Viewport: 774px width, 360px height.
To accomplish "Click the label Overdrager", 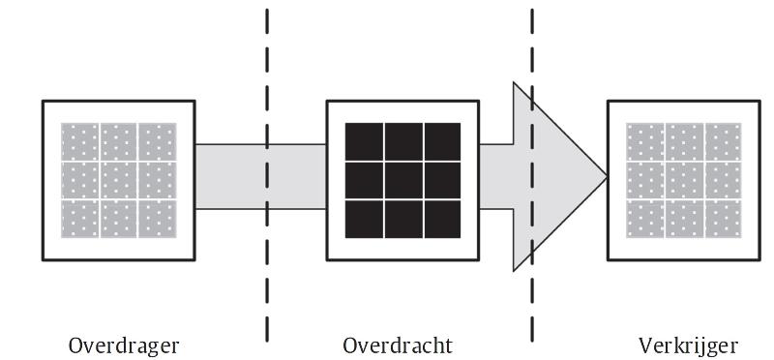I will (124, 345).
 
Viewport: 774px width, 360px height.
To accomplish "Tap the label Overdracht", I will (398, 345).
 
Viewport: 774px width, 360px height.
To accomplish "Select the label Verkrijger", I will (688, 345).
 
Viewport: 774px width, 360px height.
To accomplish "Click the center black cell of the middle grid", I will (402, 180).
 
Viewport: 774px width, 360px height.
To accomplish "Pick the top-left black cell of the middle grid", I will (364, 142).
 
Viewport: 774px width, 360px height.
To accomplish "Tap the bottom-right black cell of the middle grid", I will (442, 219).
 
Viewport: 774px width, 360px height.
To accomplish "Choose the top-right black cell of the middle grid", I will (442, 142).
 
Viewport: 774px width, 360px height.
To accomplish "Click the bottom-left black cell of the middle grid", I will (364, 219).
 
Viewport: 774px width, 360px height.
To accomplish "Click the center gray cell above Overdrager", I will (119, 180).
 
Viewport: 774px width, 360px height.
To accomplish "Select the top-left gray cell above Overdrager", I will (80, 142).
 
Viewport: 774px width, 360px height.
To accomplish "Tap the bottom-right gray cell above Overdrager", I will (158, 219).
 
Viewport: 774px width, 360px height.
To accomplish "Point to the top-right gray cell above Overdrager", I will (158, 142).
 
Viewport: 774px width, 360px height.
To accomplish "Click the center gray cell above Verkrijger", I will (684, 180).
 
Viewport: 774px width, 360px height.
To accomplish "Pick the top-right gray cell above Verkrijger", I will (723, 142).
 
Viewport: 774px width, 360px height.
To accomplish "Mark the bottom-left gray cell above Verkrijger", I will (645, 219).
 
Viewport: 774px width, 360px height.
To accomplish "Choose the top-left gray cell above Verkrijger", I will (645, 142).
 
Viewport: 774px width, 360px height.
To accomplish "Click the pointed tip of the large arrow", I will (606, 177).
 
